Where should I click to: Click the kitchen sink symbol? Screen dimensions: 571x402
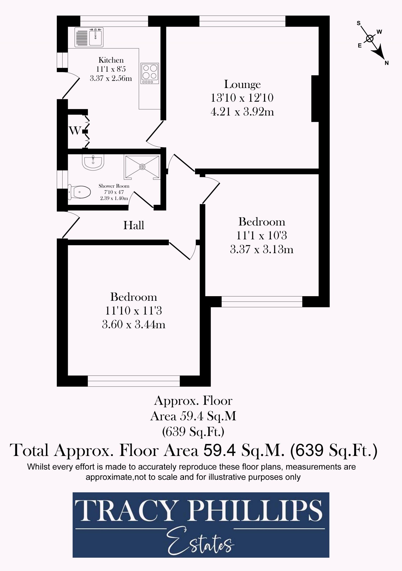[x=89, y=37]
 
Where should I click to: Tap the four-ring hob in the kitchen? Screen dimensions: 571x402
[x=150, y=73]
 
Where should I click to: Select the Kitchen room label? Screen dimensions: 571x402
[x=111, y=60]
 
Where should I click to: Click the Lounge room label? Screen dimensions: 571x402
[x=242, y=84]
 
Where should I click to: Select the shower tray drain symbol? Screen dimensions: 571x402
[x=142, y=167]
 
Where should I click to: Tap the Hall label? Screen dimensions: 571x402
[x=134, y=225]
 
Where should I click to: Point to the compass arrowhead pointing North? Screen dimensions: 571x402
[x=379, y=54]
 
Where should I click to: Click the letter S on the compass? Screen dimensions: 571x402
[x=359, y=23]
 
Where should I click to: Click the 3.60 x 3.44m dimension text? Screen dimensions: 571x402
[x=134, y=325]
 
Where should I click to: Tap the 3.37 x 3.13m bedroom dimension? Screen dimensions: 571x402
[x=262, y=249]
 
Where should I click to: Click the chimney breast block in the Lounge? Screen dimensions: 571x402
[x=315, y=98]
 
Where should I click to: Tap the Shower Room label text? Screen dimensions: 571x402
[x=114, y=186]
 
